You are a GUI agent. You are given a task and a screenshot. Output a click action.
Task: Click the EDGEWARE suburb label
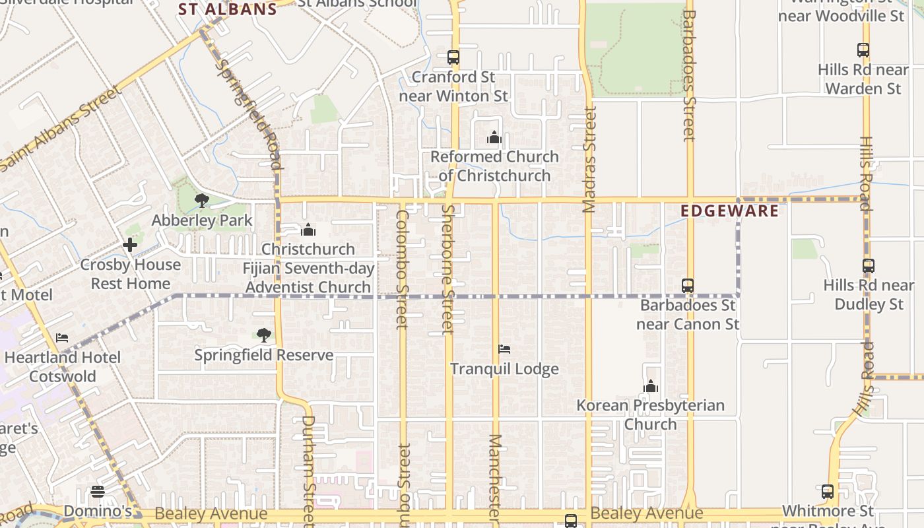pyautogui.click(x=729, y=211)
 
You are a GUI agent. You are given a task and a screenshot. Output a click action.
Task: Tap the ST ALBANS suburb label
pyautogui.click(x=228, y=9)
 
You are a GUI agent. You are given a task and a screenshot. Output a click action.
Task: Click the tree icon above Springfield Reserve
pyautogui.click(x=264, y=335)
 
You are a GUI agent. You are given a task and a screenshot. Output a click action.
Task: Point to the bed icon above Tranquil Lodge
pyautogui.click(x=504, y=349)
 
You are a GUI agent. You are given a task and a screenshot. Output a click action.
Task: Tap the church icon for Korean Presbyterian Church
pyautogui.click(x=651, y=386)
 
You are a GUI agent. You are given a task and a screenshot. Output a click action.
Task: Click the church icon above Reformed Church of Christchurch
pyautogui.click(x=494, y=138)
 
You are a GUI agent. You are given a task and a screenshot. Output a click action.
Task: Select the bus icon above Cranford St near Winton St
pyautogui.click(x=453, y=57)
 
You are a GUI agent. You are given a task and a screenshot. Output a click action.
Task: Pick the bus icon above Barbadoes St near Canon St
pyautogui.click(x=688, y=286)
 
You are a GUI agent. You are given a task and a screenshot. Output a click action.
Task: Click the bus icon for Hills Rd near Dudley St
pyautogui.click(x=869, y=266)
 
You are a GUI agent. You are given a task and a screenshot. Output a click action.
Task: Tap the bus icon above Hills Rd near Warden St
pyautogui.click(x=863, y=49)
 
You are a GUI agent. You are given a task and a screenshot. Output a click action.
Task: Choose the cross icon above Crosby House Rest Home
pyautogui.click(x=130, y=246)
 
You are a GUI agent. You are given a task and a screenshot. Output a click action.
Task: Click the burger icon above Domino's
pyautogui.click(x=98, y=492)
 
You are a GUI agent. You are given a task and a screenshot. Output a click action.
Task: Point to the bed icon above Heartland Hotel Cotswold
pyautogui.click(x=62, y=338)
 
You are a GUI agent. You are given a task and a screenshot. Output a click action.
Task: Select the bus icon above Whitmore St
pyautogui.click(x=828, y=492)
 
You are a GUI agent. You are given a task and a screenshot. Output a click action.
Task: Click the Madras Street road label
pyautogui.click(x=589, y=160)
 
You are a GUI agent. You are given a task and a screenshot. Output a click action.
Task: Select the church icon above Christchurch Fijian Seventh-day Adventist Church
pyautogui.click(x=308, y=230)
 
